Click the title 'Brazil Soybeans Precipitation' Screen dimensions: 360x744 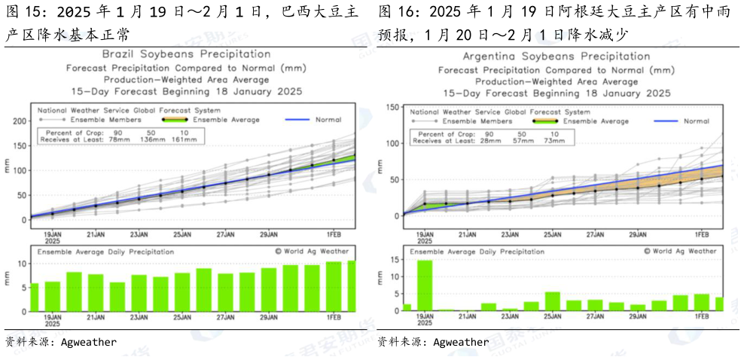(x=186, y=54)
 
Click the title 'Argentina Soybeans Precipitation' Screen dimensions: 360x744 (x=556, y=56)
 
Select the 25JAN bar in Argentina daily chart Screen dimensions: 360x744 (x=552, y=301)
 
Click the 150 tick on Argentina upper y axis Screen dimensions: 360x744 (x=392, y=107)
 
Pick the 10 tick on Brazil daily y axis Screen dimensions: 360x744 (x=22, y=264)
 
